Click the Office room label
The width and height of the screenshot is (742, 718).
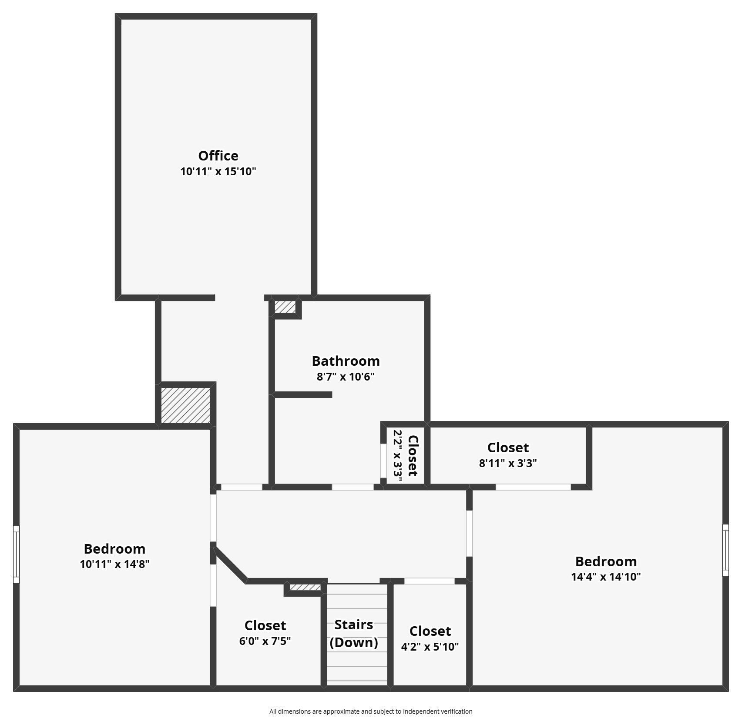point(218,156)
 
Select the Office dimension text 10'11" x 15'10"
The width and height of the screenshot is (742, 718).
point(218,171)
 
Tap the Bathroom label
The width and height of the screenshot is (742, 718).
point(346,361)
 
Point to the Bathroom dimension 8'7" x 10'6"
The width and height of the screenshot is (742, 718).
point(346,377)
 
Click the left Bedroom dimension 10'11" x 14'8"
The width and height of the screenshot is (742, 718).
point(114,564)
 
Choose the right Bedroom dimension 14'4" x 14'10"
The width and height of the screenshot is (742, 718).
point(606,577)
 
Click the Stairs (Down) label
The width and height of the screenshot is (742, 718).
point(354,633)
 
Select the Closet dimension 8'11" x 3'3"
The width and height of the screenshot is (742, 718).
point(508,463)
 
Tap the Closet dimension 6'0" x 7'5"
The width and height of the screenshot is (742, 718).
point(265,641)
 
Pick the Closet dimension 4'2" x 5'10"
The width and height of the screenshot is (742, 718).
point(430,647)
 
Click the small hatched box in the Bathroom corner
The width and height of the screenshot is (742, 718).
point(285,307)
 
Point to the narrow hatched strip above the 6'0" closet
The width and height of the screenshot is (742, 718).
point(306,588)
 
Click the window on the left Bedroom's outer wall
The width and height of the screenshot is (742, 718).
point(16,554)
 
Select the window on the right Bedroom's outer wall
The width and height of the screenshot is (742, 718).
point(725,550)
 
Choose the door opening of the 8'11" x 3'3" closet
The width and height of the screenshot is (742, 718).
point(533,487)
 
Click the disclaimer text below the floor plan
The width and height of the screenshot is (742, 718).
point(371,711)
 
